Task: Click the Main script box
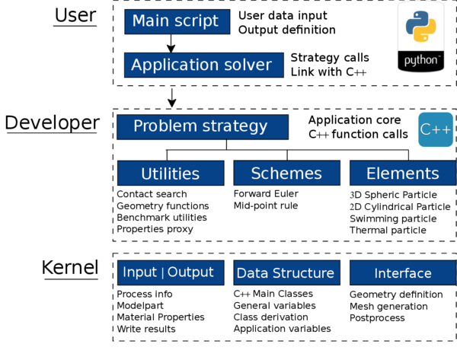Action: click(177, 21)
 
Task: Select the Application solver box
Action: click(203, 65)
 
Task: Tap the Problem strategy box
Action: click(203, 126)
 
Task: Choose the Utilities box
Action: click(171, 173)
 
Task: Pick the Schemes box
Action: click(286, 173)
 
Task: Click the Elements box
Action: click(403, 173)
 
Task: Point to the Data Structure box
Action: click(286, 272)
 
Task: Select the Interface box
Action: click(403, 272)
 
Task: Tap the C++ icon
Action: click(436, 129)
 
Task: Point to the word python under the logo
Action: click(420, 59)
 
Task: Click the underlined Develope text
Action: click(42, 123)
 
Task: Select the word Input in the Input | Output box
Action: click(140, 272)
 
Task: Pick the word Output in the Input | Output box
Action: click(190, 272)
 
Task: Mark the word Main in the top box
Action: click(149, 21)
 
